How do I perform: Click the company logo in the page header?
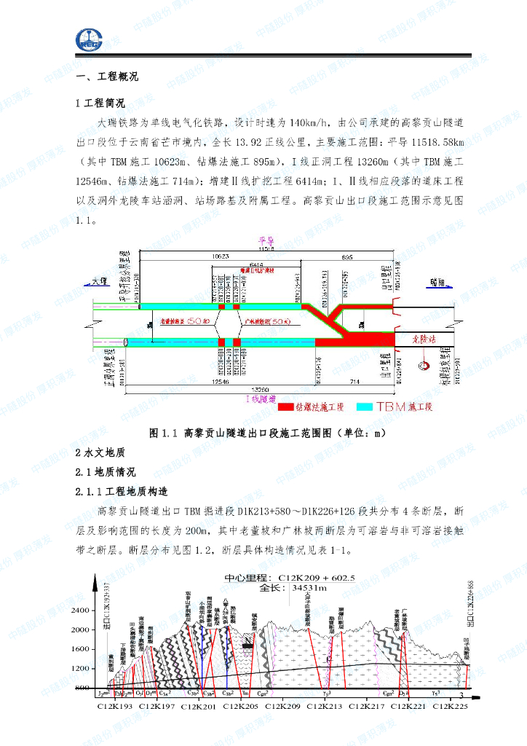coord(89,40)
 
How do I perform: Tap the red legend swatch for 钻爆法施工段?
coord(283,407)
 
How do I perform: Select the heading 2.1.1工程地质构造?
coord(122,490)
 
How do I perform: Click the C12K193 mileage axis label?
coord(115,706)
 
